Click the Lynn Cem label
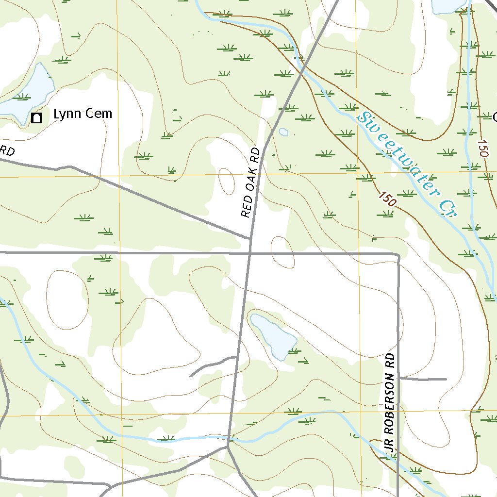point(83,114)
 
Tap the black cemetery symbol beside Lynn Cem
point(36,118)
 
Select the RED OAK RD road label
point(251,183)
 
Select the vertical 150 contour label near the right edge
point(483,149)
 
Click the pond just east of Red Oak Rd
point(274,335)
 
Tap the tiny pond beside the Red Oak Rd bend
point(283,132)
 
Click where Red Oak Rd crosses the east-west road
point(249,253)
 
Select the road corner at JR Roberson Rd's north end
point(398,255)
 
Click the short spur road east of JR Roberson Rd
point(422,379)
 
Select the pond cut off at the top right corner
point(449,5)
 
